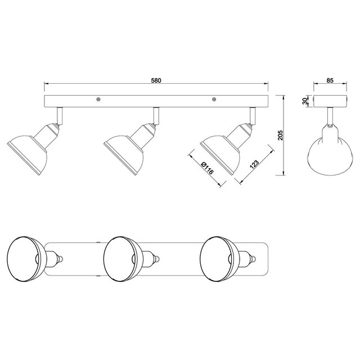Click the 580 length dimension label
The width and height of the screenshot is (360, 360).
tap(156, 80)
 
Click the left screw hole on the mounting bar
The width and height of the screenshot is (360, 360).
tap(98, 100)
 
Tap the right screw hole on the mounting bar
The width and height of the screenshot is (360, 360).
tap(214, 100)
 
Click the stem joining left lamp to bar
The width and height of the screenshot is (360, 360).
tap(59, 115)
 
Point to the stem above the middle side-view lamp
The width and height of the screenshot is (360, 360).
tap(157, 115)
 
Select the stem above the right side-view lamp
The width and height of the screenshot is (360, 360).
tap(254, 115)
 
